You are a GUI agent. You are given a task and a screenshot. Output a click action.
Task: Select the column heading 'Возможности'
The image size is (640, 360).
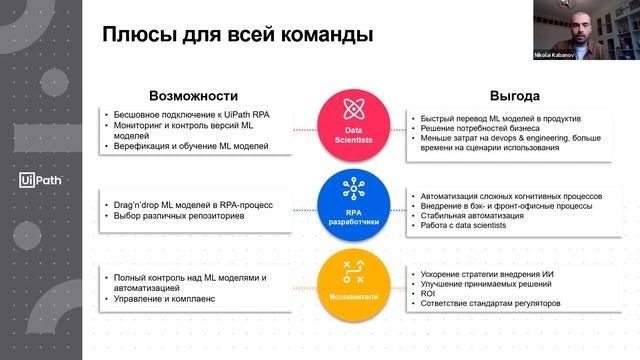tap(192, 96)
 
